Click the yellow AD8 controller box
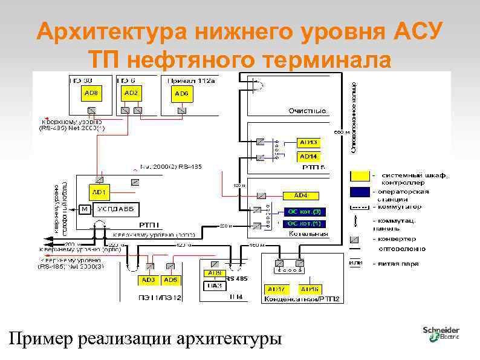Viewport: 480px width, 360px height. (91, 94)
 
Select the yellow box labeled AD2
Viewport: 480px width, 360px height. (131, 93)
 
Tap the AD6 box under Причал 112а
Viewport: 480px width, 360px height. (181, 94)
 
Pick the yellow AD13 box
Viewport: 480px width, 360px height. (308, 142)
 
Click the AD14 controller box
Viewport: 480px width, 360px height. (308, 156)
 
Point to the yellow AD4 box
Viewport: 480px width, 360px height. (300, 195)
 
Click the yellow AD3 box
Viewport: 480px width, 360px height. (148, 280)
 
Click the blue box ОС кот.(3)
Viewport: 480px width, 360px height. (303, 211)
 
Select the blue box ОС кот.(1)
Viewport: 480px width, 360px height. (303, 223)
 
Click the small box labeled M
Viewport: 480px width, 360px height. (85, 209)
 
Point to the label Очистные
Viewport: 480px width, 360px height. (306, 111)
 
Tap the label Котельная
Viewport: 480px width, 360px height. (308, 233)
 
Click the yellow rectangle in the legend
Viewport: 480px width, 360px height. (360, 176)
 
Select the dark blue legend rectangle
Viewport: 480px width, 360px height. (360, 192)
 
